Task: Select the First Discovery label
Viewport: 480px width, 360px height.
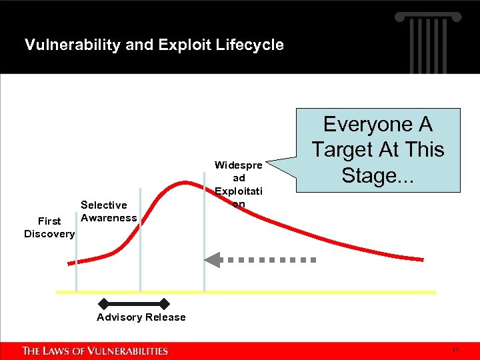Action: click(x=49, y=227)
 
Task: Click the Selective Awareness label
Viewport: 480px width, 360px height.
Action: click(x=108, y=211)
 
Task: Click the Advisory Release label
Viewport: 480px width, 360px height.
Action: click(x=141, y=317)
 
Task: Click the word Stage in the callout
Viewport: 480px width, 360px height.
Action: click(x=373, y=175)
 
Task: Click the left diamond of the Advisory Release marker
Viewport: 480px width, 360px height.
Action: click(x=103, y=304)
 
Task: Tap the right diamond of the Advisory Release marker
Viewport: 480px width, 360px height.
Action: click(x=165, y=304)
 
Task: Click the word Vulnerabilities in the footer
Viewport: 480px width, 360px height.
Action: click(x=130, y=351)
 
